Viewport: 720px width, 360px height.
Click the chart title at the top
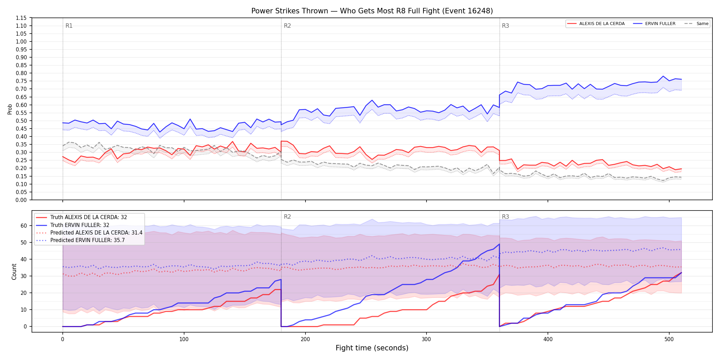[372, 11]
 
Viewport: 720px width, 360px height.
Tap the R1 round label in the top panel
[69, 26]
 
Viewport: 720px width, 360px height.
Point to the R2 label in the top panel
[287, 26]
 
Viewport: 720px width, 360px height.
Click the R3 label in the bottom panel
[505, 217]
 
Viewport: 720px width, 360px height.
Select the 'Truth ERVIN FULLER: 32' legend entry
[80, 225]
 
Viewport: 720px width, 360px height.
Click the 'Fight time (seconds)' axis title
[372, 348]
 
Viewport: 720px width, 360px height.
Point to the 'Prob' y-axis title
[10, 109]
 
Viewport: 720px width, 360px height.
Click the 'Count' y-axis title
[14, 272]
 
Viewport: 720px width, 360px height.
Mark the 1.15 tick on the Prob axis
[21, 18]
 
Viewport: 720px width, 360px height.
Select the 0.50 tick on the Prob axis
[21, 121]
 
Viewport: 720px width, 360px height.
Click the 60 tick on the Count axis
[24, 226]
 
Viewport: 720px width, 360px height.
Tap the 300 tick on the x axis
[427, 339]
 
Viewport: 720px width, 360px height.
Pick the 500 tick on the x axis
[669, 339]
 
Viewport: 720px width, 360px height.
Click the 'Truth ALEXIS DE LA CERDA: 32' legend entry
[88, 217]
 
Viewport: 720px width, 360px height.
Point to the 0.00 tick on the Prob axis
[21, 200]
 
